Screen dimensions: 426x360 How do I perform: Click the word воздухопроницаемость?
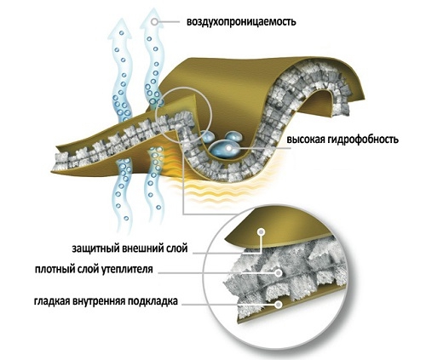pyautogui.click(x=241, y=22)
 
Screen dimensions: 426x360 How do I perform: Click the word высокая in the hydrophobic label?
pyautogui.click(x=305, y=140)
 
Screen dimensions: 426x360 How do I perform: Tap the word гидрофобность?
pyautogui.click(x=362, y=140)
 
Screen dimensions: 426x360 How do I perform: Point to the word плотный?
pyautogui.click(x=55, y=269)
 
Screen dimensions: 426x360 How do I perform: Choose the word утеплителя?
pyautogui.click(x=127, y=269)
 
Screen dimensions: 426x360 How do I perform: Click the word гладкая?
pyautogui.click(x=52, y=300)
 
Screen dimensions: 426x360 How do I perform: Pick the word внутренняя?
pyautogui.click(x=99, y=301)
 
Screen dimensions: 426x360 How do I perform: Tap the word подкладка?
pyautogui.click(x=153, y=300)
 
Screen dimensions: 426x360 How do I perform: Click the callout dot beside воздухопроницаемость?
pyautogui.click(x=155, y=21)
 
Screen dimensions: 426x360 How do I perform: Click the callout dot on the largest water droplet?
pyautogui.click(x=229, y=148)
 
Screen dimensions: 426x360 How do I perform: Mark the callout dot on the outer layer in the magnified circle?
pyautogui.click(x=261, y=232)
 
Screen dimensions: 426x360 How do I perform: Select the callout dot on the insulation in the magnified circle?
pyautogui.click(x=279, y=273)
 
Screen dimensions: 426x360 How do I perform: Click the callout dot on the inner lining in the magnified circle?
pyautogui.click(x=279, y=305)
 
